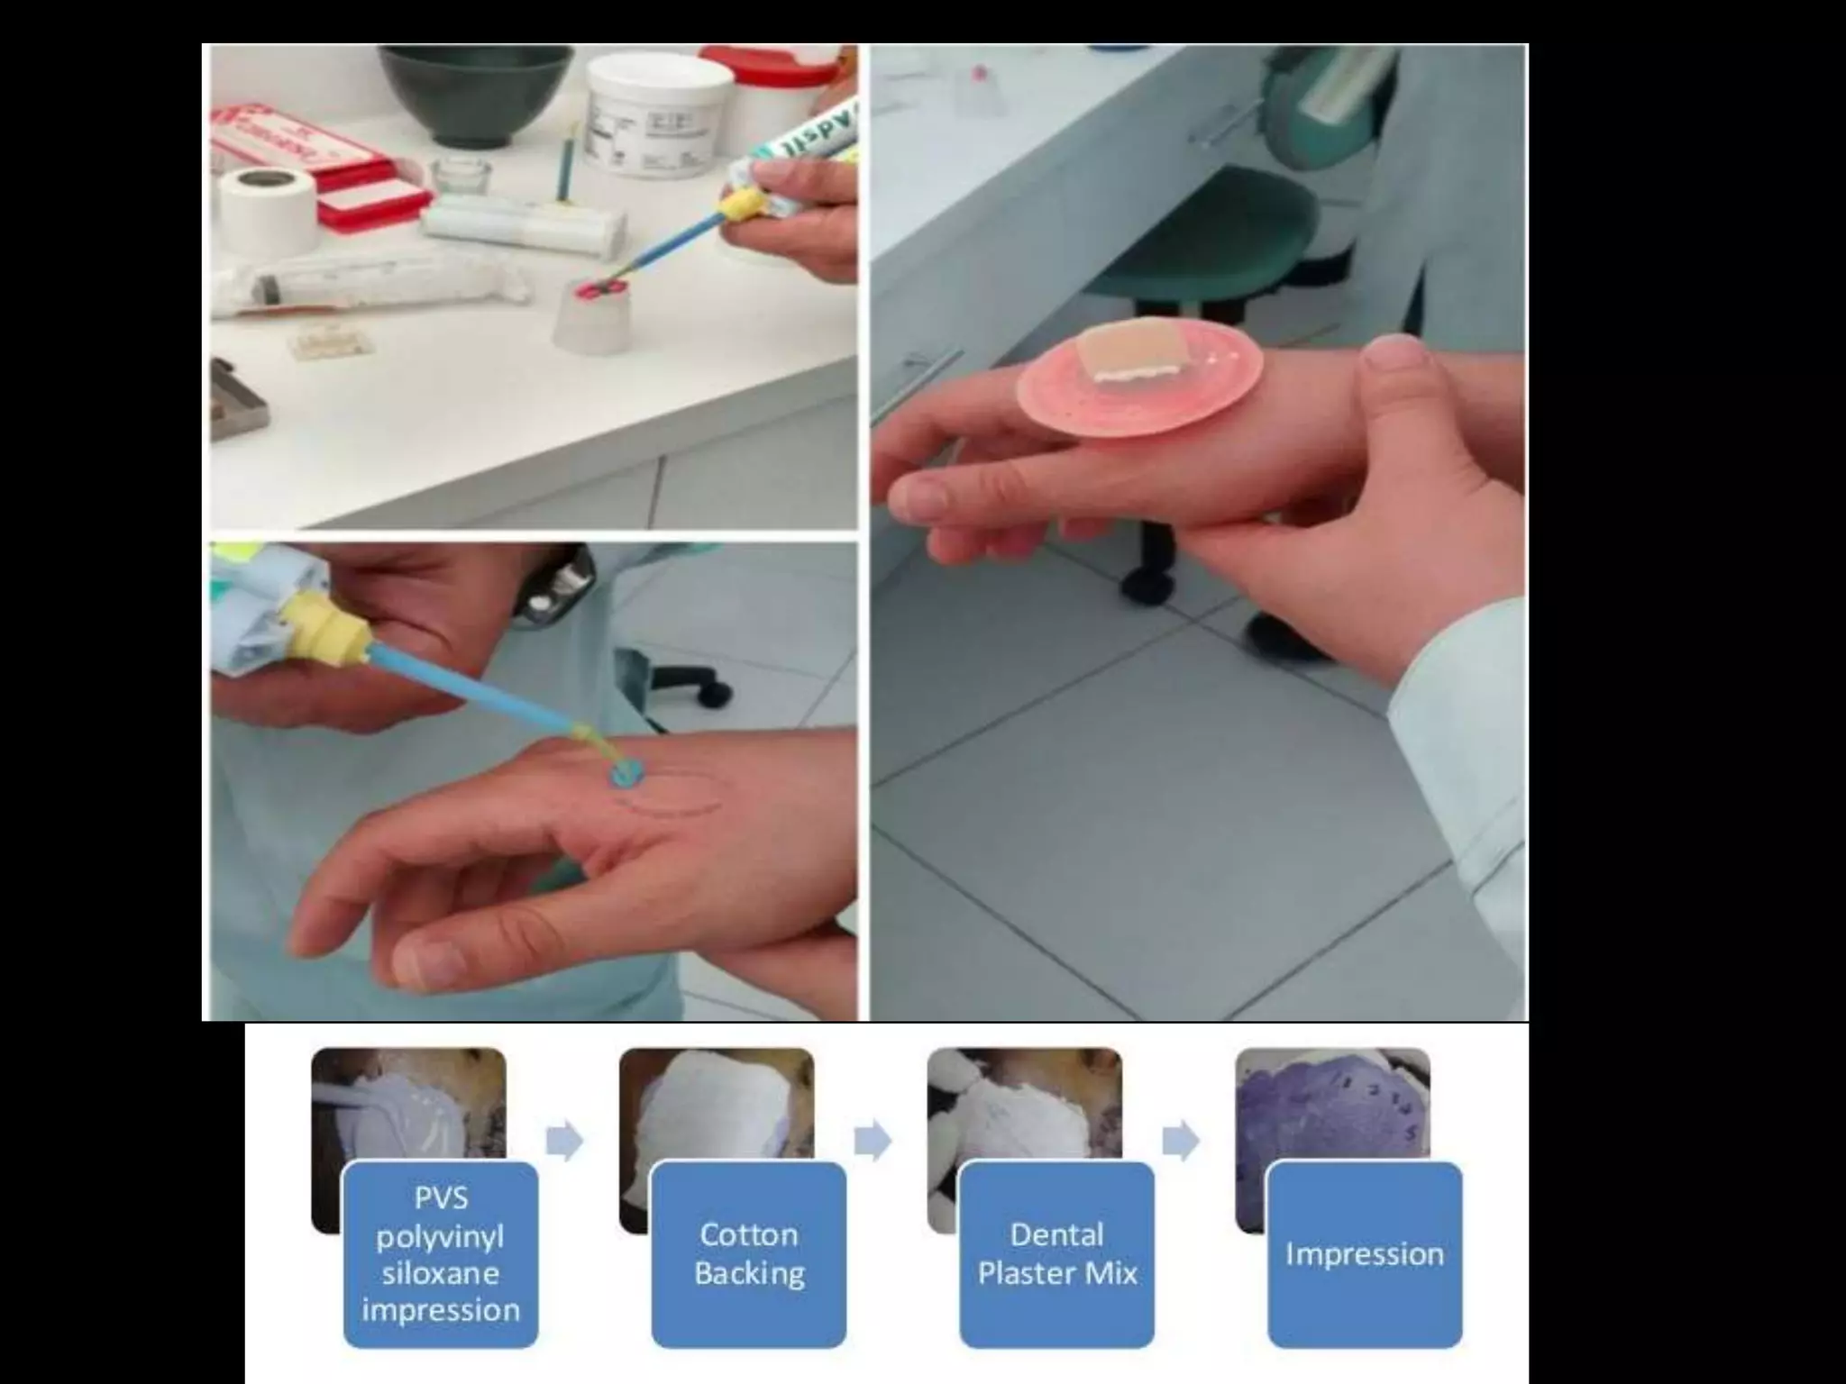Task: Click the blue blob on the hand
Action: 626,774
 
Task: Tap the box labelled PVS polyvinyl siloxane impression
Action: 441,1253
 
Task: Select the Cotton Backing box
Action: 748,1253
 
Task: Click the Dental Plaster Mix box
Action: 1056,1253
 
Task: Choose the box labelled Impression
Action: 1364,1253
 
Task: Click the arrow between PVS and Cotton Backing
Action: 564,1142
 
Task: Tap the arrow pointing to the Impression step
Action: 1180,1142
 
